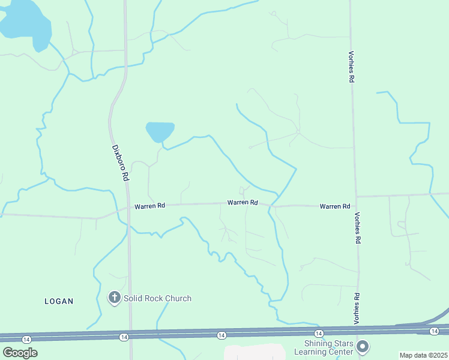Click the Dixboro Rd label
(x=121, y=163)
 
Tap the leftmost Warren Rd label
(x=149, y=206)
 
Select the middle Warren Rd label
(x=243, y=203)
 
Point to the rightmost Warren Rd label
(x=335, y=206)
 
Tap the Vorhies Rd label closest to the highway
(x=357, y=306)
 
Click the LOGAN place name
(x=59, y=301)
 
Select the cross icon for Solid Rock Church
(x=114, y=298)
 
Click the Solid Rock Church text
(x=158, y=298)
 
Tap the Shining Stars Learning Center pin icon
(x=362, y=346)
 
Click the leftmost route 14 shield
(x=26, y=340)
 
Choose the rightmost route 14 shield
(x=434, y=331)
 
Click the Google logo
(x=20, y=353)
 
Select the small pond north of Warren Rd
(x=160, y=131)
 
